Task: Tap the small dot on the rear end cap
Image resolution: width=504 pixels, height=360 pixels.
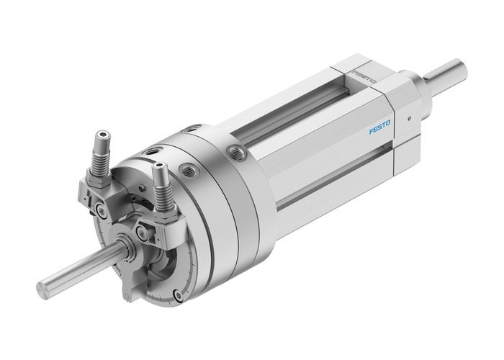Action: (x=409, y=119)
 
